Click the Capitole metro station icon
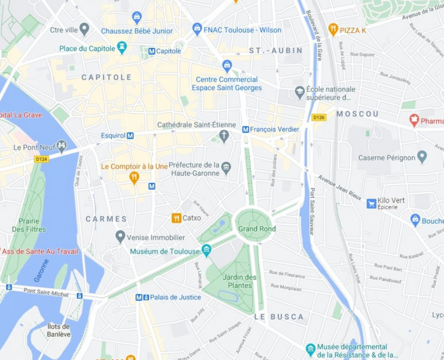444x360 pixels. (x=152, y=51)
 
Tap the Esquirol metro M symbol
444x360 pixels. (x=130, y=136)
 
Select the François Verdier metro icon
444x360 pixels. (x=245, y=130)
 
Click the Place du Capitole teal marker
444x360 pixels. (x=122, y=48)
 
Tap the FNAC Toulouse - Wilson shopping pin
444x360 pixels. (x=197, y=29)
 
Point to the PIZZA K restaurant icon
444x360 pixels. (x=333, y=29)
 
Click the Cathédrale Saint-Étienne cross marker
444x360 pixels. (x=224, y=136)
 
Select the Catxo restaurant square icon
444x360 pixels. (x=176, y=218)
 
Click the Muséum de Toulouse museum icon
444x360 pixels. (x=206, y=250)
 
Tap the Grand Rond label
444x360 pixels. (x=257, y=229)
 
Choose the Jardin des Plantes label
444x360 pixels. (x=239, y=281)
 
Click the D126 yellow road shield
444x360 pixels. (x=319, y=117)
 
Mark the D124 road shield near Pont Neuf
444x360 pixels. (x=41, y=160)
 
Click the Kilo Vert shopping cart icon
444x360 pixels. (x=371, y=203)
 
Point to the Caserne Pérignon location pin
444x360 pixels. (x=422, y=157)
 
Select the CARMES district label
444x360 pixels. (x=106, y=219)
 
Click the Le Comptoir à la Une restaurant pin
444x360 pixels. (x=134, y=177)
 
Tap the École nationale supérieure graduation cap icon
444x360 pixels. (x=300, y=92)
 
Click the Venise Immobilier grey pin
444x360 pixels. (x=121, y=237)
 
